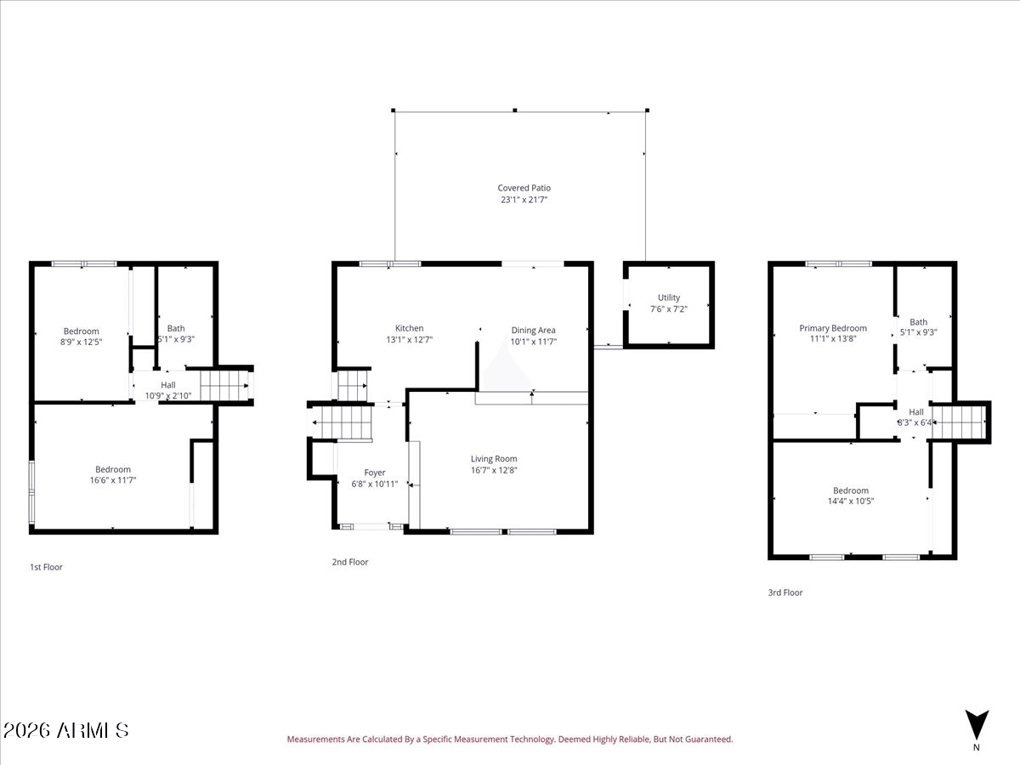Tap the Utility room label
[668, 297]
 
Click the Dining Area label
[533, 330]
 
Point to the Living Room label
[494, 459]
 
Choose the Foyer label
[375, 473]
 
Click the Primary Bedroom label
[833, 328]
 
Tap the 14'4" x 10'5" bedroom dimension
[850, 501]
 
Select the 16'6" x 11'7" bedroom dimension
[113, 480]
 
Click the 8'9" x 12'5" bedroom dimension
[81, 342]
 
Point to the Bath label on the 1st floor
[176, 328]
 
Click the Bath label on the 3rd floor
[919, 322]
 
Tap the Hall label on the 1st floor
[168, 384]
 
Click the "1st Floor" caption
[46, 567]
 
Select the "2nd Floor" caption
[350, 562]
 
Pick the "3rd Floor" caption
[785, 592]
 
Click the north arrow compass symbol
[977, 725]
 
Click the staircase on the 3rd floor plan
[960, 421]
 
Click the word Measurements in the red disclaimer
[314, 739]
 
